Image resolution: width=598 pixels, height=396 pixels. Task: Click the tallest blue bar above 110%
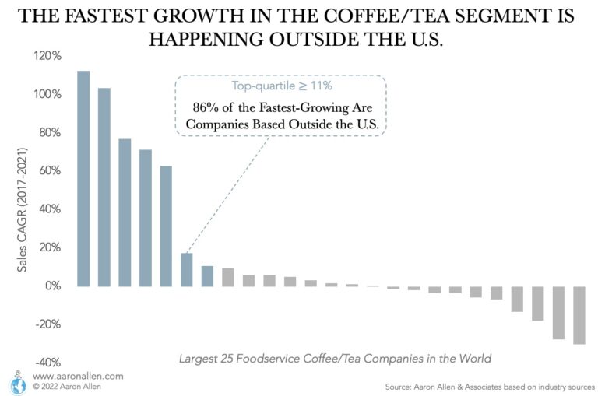point(83,178)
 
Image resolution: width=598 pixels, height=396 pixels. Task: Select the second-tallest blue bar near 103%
point(104,187)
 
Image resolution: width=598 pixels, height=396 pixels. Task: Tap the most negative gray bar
point(579,314)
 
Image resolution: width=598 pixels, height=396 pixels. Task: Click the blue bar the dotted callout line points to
point(187,269)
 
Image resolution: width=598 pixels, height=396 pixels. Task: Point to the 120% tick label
point(47,56)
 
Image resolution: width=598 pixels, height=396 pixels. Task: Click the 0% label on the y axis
point(51,286)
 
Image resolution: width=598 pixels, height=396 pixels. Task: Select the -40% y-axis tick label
point(47,363)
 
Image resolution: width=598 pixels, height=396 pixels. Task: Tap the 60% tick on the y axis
point(49,171)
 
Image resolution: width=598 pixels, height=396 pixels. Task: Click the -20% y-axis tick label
point(47,324)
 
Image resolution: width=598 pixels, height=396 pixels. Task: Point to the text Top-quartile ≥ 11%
point(282,86)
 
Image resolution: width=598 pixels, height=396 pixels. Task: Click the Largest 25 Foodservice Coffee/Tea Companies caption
point(335,359)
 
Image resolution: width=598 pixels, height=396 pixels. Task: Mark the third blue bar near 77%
point(125,212)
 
